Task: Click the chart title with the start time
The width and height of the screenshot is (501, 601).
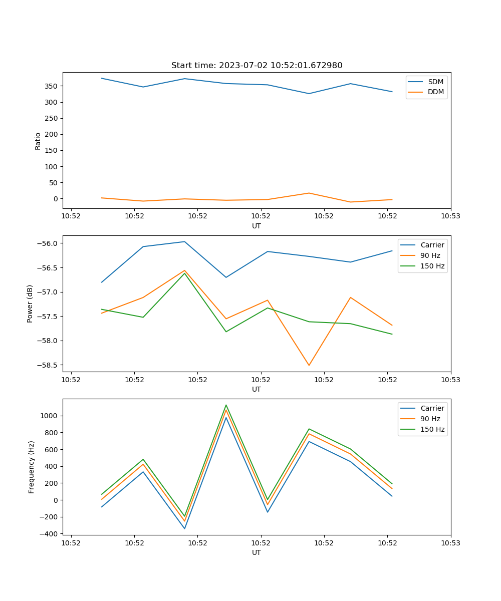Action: tap(257, 66)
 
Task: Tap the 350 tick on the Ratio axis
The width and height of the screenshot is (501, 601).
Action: tap(53, 86)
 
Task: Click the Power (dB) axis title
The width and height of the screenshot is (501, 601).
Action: tap(30, 304)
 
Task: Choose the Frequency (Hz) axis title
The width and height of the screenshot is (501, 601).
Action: tap(32, 467)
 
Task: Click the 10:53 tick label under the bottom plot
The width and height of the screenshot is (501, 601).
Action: tap(450, 542)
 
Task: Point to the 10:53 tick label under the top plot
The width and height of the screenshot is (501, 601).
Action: tap(450, 216)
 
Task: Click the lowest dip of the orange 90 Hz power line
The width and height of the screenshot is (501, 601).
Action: tap(309, 365)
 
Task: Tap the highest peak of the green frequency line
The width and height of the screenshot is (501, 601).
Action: tap(226, 405)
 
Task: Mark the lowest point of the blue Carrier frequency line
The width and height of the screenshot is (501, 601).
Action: tap(184, 528)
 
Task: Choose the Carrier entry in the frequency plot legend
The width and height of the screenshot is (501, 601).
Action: tap(432, 408)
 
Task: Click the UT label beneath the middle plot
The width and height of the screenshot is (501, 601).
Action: tap(257, 389)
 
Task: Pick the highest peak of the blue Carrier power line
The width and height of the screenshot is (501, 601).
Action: tap(184, 241)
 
